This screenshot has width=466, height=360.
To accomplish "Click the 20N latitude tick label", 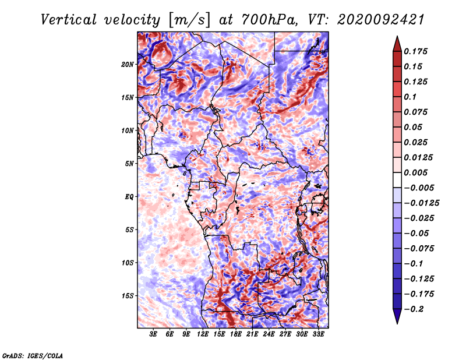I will click(x=128, y=64).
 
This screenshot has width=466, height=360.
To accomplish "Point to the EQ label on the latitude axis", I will click(x=129, y=196).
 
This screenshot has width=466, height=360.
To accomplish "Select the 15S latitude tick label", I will click(x=128, y=295).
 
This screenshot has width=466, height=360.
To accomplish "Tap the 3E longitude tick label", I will click(x=153, y=335).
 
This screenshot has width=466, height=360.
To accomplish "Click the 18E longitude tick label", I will click(x=236, y=335).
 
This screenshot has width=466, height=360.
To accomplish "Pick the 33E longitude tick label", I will click(x=319, y=335).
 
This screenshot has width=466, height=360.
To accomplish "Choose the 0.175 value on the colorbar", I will click(x=417, y=51).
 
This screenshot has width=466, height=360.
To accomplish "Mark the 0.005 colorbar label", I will click(x=417, y=172).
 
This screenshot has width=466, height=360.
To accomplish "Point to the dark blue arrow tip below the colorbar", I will click(x=397, y=318).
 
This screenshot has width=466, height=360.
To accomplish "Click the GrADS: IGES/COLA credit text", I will click(x=32, y=355).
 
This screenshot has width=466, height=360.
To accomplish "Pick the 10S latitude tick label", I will click(x=128, y=263).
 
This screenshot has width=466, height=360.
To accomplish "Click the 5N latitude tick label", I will click(x=129, y=163).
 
